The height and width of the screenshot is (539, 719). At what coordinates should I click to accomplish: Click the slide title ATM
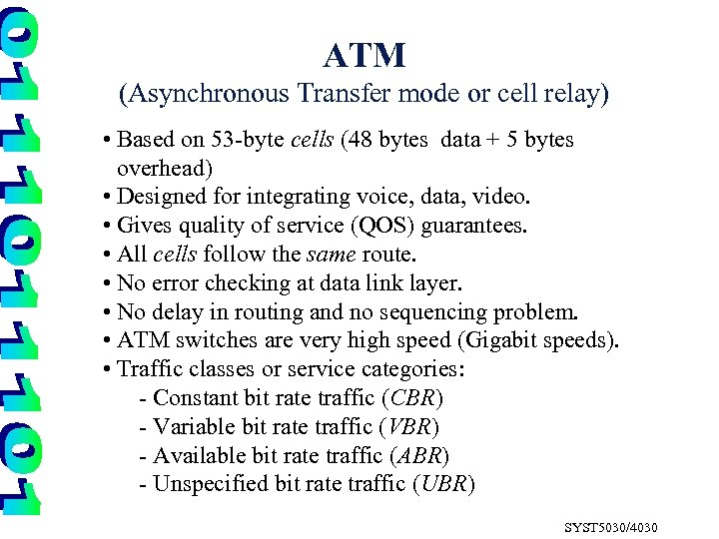(x=364, y=55)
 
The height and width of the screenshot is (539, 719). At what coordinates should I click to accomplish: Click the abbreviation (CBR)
(x=412, y=398)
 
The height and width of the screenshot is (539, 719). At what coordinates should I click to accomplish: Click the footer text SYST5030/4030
(x=611, y=527)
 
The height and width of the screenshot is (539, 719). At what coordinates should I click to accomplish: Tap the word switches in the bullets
(x=216, y=340)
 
